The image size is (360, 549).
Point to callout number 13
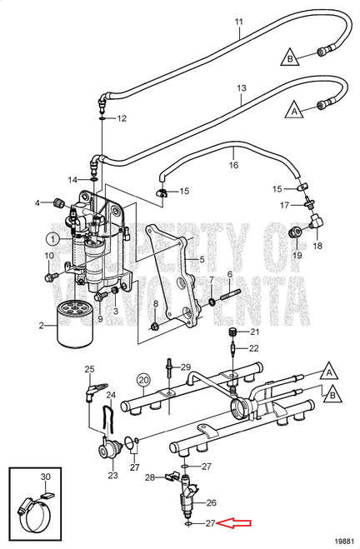[242, 87]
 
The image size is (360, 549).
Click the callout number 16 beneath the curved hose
[234, 165]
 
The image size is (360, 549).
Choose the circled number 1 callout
[52, 238]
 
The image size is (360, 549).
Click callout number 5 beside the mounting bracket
[200, 259]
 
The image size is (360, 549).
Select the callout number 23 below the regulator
[112, 476]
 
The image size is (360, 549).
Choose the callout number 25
[90, 369]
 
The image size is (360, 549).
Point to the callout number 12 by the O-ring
[122, 118]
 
